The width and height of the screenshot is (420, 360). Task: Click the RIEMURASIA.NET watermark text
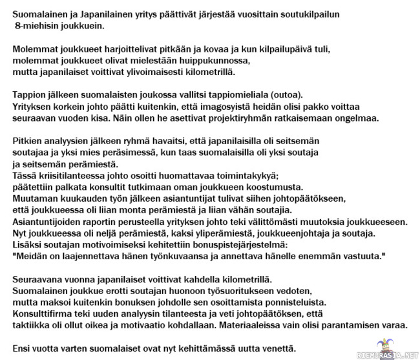click(388, 354)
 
